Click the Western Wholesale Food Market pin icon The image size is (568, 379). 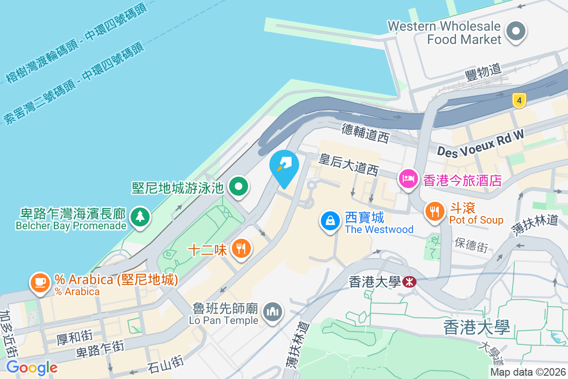coord(516,32)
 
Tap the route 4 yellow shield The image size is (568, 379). coord(519,100)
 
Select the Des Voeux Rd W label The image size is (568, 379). coord(480,144)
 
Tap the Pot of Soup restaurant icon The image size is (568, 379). coord(434,211)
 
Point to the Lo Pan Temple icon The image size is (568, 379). coord(273,312)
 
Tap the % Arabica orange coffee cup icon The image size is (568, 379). coord(40,283)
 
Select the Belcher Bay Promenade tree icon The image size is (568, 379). coord(140,217)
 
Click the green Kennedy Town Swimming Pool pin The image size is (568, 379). coord(239,186)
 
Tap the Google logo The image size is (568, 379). coord(32,367)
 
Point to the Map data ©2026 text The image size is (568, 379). coord(528,372)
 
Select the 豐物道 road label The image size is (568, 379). coord(483,71)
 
